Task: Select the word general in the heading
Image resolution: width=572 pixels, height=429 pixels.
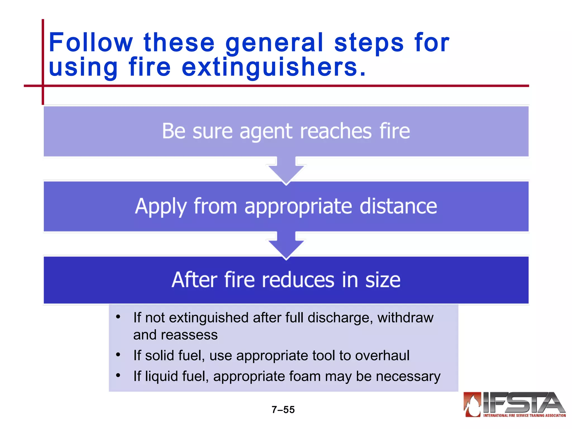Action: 274,43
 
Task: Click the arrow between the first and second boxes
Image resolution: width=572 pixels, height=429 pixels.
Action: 286,170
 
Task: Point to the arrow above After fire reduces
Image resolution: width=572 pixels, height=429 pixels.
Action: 286,245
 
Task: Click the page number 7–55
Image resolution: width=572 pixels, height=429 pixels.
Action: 283,409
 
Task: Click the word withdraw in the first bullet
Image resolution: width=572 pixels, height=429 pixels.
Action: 405,318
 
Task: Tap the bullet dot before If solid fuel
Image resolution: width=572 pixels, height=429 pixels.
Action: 118,355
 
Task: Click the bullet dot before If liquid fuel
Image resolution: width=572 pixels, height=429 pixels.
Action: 118,375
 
